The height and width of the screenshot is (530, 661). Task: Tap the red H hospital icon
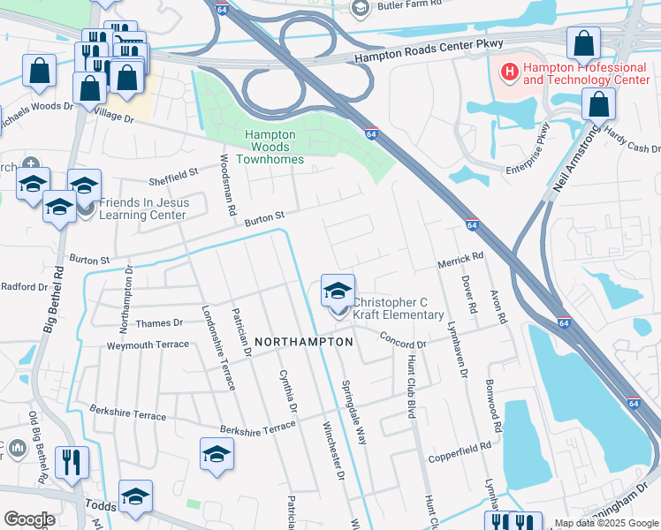509,70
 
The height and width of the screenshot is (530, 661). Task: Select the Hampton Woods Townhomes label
274,147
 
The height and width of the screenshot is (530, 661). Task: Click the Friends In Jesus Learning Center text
143,208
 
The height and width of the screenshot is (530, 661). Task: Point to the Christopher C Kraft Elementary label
398,308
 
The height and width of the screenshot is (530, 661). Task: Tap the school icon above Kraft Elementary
338,290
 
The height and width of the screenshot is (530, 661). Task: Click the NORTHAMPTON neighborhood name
303,341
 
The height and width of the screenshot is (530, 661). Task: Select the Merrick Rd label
461,258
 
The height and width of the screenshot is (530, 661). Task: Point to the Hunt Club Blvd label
411,387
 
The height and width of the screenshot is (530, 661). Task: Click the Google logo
29,519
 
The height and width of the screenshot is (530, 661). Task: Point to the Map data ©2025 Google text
606,523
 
